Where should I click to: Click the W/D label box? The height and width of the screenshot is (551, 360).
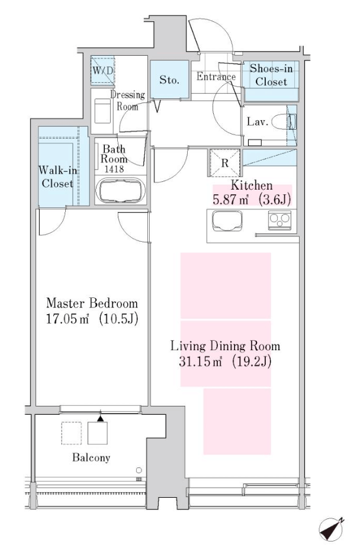(102, 71)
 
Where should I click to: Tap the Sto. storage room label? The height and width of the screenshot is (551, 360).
(169, 80)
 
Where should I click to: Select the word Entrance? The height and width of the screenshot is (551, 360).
(216, 76)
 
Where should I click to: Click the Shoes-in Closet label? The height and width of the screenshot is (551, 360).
(271, 75)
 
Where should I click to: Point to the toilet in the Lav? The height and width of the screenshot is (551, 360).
(284, 122)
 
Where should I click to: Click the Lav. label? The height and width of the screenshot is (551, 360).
(258, 122)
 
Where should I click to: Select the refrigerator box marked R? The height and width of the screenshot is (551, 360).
(225, 163)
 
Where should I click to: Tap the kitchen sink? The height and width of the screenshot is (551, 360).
(227, 220)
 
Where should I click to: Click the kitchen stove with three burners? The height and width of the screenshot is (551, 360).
(279, 220)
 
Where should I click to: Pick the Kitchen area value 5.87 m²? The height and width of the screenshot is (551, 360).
(231, 200)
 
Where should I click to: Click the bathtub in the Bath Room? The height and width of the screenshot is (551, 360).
(120, 191)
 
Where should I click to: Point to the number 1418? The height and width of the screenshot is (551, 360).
(114, 169)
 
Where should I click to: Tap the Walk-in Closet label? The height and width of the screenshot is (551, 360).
(57, 177)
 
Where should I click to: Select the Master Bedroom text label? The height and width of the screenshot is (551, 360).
(92, 303)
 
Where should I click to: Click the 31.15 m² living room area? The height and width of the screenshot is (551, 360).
(201, 361)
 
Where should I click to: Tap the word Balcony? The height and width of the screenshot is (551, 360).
(91, 457)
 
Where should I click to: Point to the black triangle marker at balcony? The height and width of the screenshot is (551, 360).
(101, 418)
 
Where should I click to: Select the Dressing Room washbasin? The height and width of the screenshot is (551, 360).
(102, 111)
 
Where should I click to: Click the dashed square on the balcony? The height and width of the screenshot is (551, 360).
(71, 433)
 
